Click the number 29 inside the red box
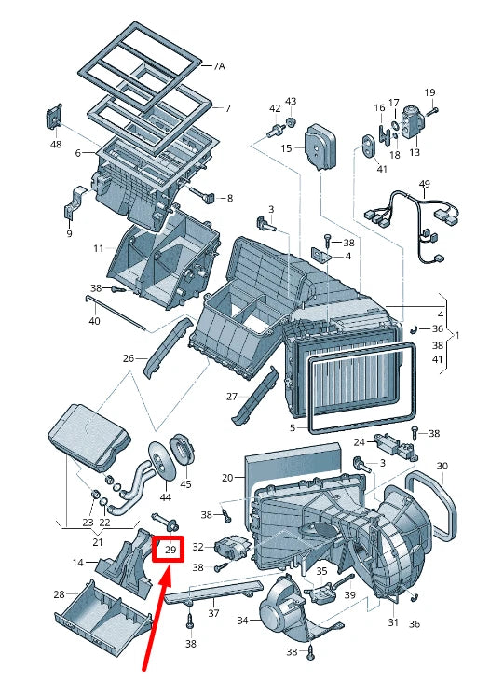tap(170, 551)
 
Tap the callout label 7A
tap(219, 66)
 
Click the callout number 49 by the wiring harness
tap(424, 184)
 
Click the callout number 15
tap(286, 148)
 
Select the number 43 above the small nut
tap(290, 101)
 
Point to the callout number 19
tap(430, 91)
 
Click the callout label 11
tap(98, 248)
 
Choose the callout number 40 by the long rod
tap(94, 321)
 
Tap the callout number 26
tap(129, 357)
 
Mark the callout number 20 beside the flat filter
tap(226, 478)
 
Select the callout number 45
tap(185, 484)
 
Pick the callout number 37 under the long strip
tap(213, 613)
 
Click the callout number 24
tap(359, 442)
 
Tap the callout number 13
tap(415, 152)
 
